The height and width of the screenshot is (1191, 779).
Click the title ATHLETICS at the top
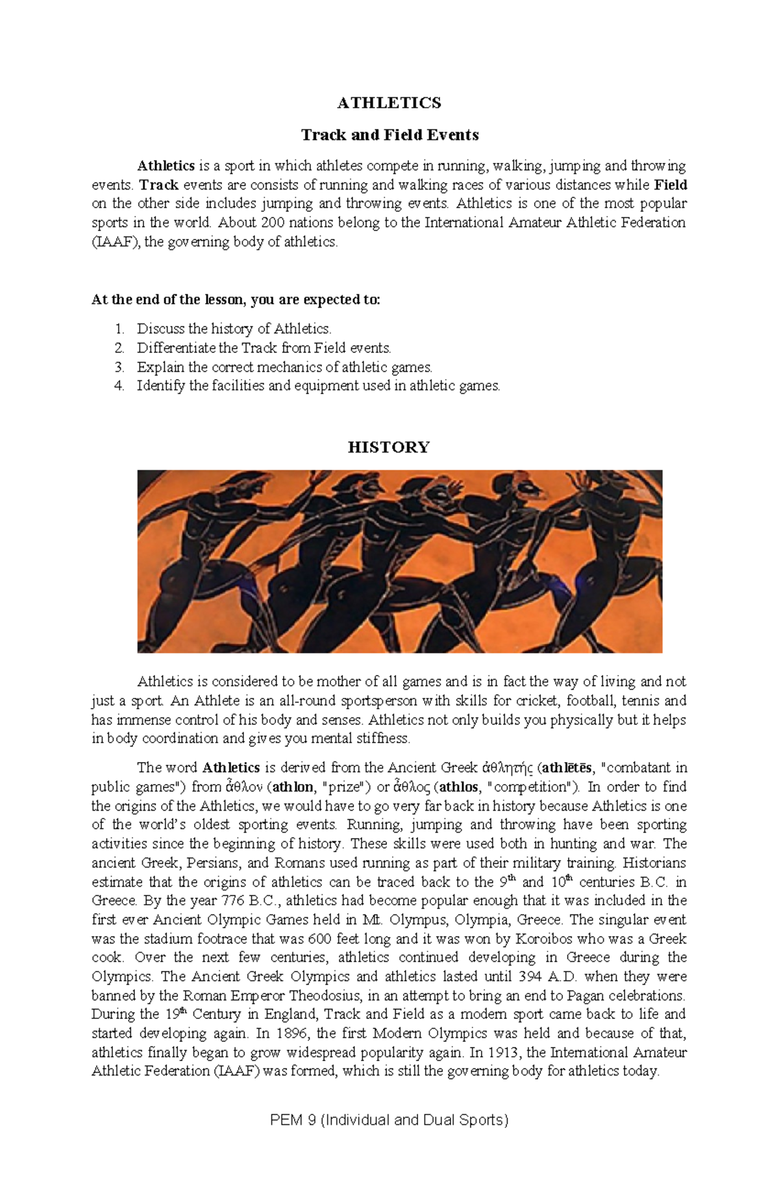tap(389, 103)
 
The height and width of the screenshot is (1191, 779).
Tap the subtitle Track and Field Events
tap(389, 135)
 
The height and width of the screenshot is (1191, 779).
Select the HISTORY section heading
tap(388, 447)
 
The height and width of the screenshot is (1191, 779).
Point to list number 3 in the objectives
tap(119, 367)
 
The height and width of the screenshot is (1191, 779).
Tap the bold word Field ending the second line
tap(671, 184)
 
